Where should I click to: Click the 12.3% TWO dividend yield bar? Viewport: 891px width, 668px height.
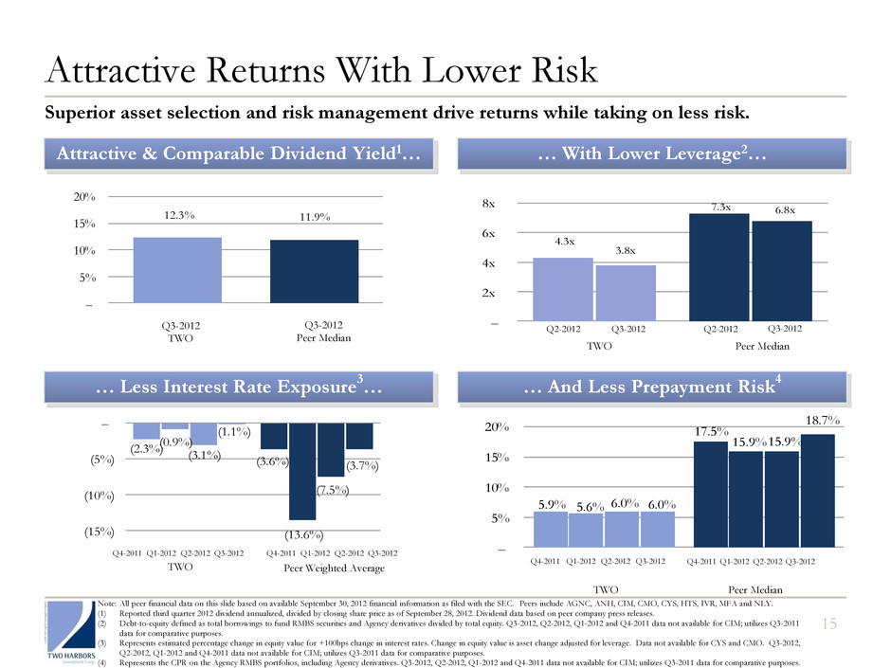coord(177,270)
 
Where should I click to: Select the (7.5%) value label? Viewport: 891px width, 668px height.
coord(332,490)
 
